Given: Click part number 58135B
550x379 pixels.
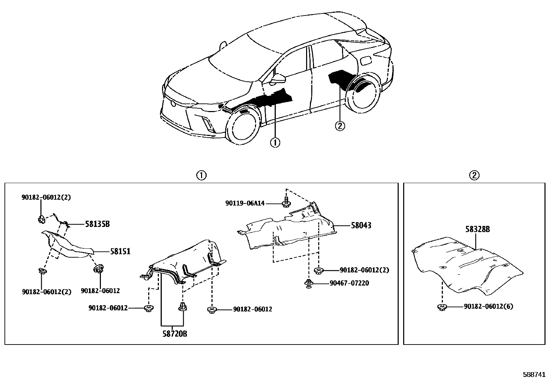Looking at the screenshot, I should (x=97, y=224).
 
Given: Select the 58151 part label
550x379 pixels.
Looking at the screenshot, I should (x=120, y=251).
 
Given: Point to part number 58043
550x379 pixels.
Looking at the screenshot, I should (x=361, y=226).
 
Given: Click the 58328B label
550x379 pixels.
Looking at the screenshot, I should (x=477, y=229).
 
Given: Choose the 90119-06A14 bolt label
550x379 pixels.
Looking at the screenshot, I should (x=245, y=203).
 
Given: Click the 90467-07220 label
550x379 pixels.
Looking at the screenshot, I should (x=349, y=283).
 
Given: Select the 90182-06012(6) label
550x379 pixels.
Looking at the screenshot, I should (x=488, y=306).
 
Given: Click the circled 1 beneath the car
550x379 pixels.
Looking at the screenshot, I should (x=275, y=142).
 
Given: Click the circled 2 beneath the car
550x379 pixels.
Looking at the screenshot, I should (x=340, y=126).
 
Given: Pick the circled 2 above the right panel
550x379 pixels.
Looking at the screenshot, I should (x=474, y=176).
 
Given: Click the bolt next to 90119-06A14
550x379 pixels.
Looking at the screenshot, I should (x=286, y=203).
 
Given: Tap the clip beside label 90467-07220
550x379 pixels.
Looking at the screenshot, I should (x=309, y=283).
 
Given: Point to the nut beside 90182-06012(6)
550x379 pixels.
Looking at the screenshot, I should (x=441, y=307).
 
